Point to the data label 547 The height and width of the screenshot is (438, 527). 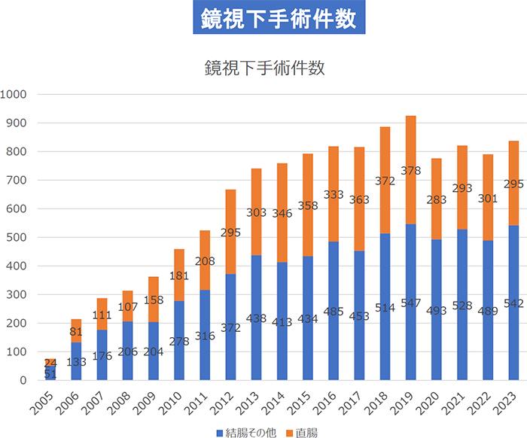(410, 306)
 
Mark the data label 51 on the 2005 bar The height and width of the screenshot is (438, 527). (50, 374)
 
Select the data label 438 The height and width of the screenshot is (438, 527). (257, 318)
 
